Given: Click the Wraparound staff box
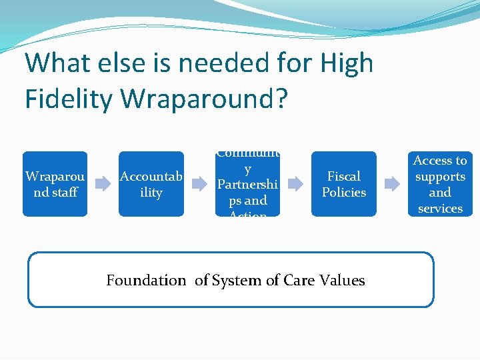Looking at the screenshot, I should (55, 184).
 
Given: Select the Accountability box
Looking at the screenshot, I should (151, 184).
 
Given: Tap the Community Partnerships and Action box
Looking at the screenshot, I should (247, 184).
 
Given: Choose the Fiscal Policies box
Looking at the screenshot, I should (343, 184).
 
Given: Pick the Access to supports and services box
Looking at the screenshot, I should (440, 184).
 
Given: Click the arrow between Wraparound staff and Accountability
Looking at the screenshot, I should (103, 185).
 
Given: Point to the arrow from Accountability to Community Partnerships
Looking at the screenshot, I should (199, 185).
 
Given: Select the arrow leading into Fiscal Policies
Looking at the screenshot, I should (295, 185).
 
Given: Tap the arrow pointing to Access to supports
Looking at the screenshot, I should (392, 185).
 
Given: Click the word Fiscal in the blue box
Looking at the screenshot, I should (344, 177).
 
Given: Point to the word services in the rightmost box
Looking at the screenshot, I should (440, 209).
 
